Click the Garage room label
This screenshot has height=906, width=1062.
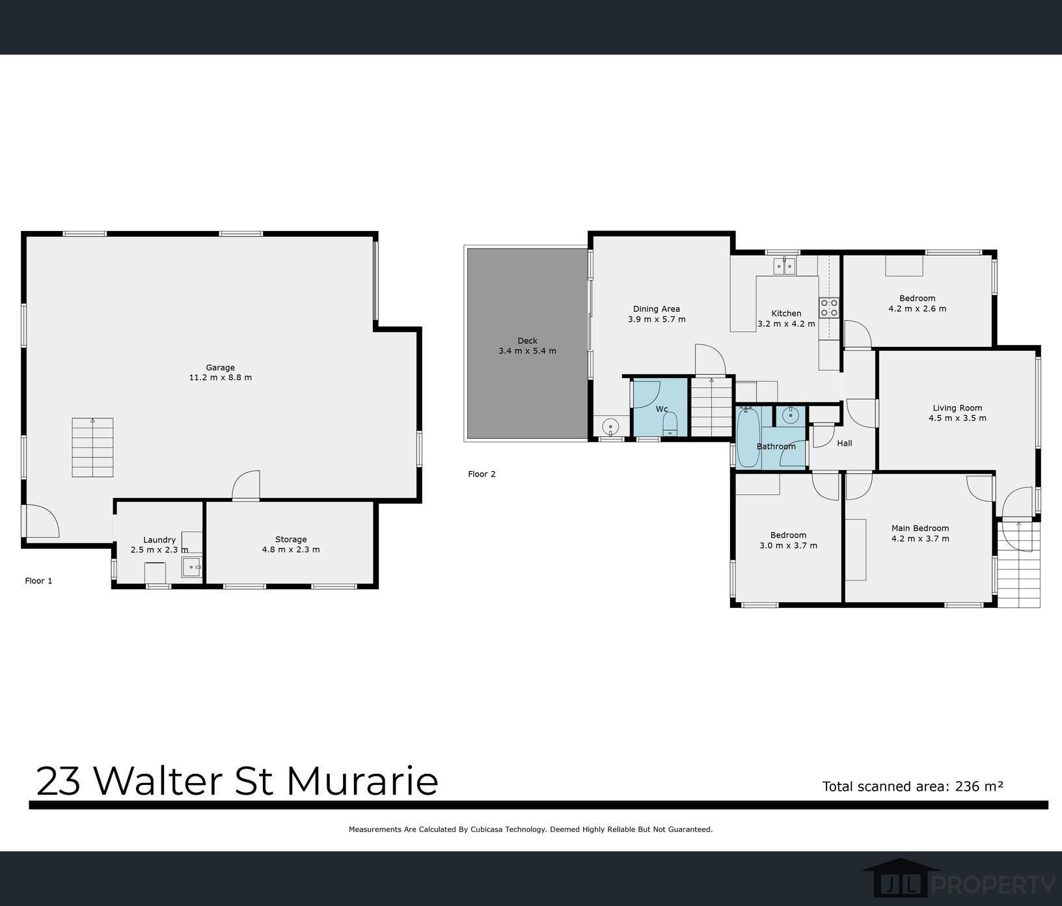[x=220, y=368]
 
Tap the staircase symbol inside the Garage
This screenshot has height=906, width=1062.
[x=92, y=447]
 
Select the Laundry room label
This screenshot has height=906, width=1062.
[x=159, y=540]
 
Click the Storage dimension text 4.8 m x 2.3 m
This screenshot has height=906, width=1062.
[x=290, y=549]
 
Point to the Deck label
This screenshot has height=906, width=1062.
[x=527, y=340]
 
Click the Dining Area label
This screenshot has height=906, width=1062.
[x=656, y=309]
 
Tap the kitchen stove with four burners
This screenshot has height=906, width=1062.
[x=828, y=307]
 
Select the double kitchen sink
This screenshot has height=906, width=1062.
[x=784, y=266]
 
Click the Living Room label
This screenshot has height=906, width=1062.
[x=957, y=408]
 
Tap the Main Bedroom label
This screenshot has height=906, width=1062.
[x=919, y=528]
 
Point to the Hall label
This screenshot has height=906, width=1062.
[x=844, y=443]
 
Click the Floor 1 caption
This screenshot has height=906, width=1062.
[x=38, y=581]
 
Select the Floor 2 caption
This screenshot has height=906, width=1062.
[x=482, y=474]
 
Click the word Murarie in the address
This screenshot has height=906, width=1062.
[x=362, y=781]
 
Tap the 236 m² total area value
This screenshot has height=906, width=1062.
[x=979, y=786]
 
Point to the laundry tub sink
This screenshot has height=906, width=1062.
[x=191, y=567]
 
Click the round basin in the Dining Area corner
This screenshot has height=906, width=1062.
[x=610, y=427]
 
